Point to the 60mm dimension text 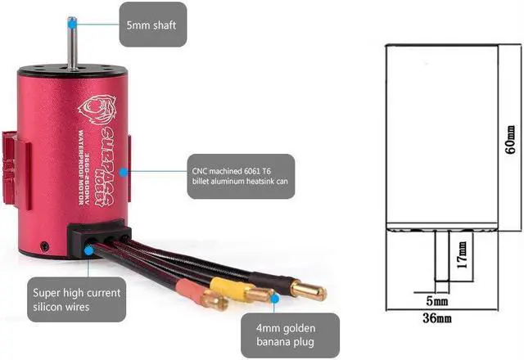(510, 141)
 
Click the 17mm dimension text (463, 254)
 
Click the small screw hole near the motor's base (49, 245)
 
